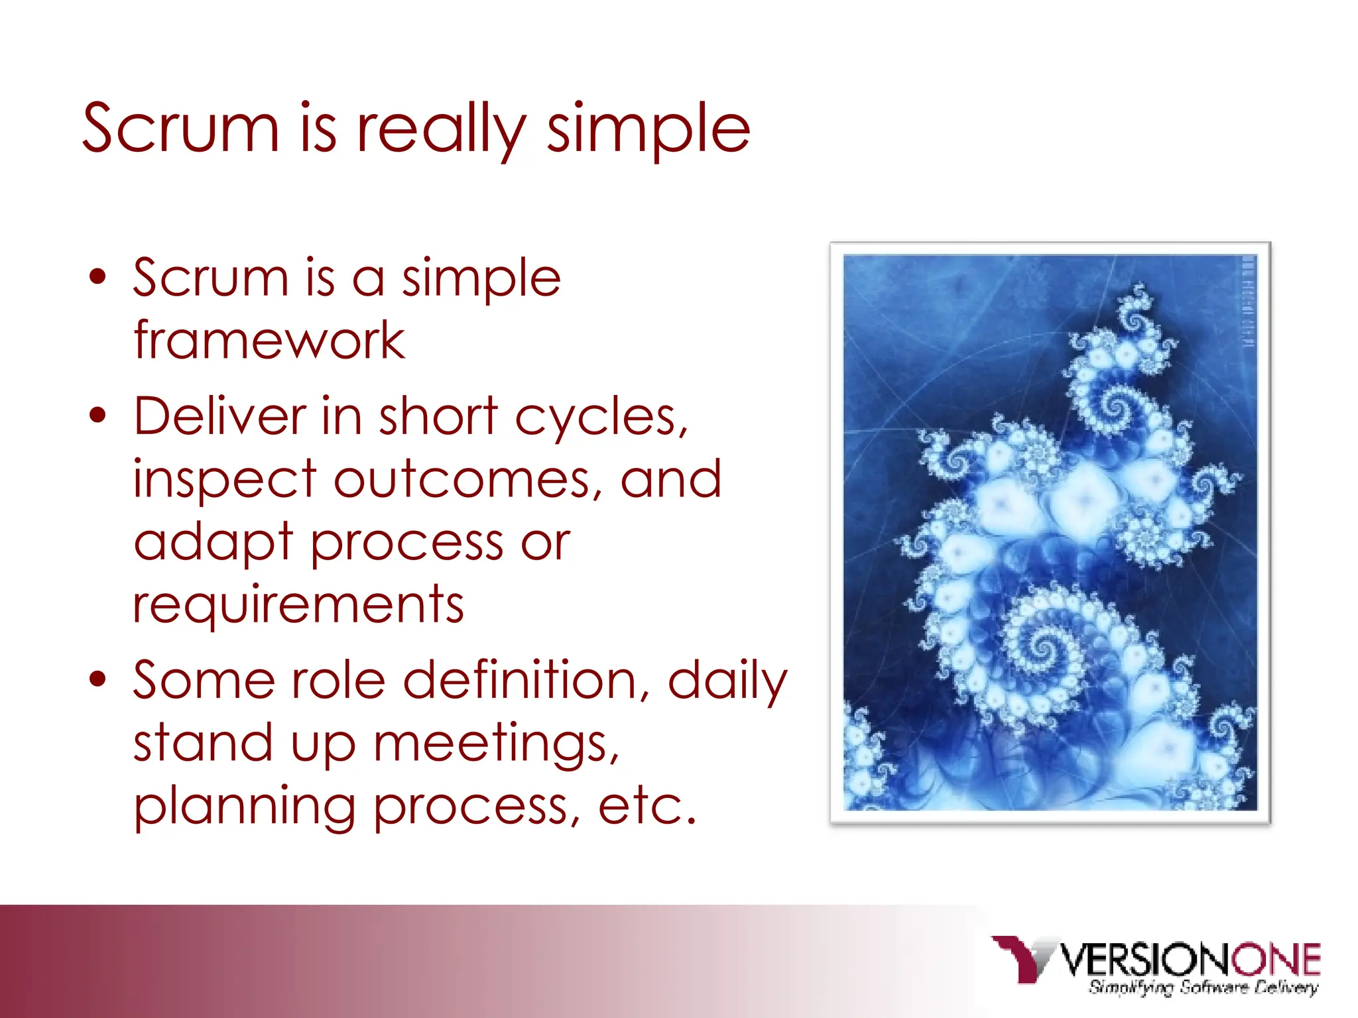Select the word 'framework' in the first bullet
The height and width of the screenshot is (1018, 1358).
click(269, 341)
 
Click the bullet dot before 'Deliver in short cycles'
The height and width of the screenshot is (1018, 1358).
click(98, 416)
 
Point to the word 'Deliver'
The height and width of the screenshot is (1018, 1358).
click(219, 416)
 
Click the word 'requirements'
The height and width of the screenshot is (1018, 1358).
click(298, 604)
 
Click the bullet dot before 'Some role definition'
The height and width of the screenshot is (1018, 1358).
click(98, 679)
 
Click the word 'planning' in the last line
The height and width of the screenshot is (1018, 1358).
click(245, 808)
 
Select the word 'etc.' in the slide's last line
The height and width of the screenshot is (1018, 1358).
click(647, 807)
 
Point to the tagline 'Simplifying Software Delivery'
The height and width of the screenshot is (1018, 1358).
click(1203, 988)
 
